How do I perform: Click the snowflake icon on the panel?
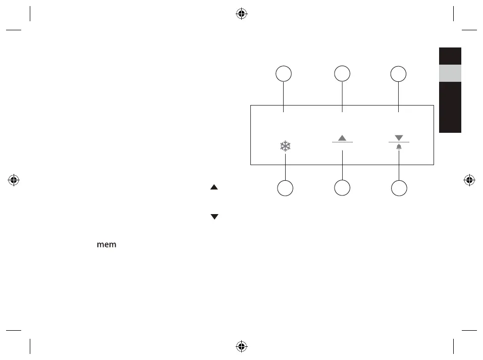[x=286, y=147]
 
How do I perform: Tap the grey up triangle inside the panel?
[x=342, y=138]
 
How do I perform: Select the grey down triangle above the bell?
[x=399, y=138]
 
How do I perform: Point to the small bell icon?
[x=399, y=146]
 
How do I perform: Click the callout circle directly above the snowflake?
[x=284, y=74]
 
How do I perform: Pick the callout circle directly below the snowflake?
[x=286, y=188]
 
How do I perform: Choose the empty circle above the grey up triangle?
[x=342, y=74]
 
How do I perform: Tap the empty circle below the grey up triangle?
[x=342, y=188]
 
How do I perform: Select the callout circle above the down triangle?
[x=399, y=74]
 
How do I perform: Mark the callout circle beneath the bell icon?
[x=399, y=188]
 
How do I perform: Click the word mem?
[x=106, y=245]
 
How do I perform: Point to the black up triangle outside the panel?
[x=214, y=187]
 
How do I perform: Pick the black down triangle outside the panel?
[x=214, y=217]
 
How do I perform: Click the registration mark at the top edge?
[x=241, y=14]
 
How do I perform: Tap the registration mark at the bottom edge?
[x=241, y=346]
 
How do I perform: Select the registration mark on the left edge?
[x=14, y=180]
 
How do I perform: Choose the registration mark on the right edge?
[x=469, y=180]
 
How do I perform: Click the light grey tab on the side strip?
[x=450, y=73]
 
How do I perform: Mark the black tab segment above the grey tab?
[x=450, y=56]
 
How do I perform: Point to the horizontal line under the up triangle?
[x=342, y=143]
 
